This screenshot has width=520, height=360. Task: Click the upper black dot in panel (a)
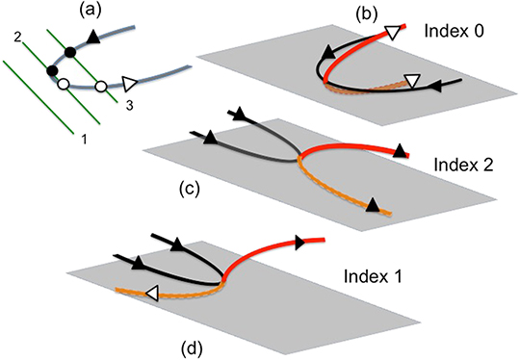point(69,51)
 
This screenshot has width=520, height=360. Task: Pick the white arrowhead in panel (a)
point(130,84)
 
